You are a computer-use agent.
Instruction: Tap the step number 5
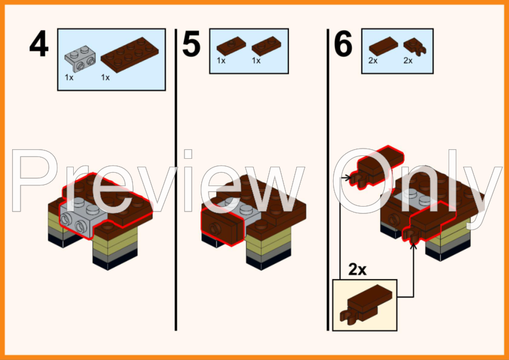tap(191, 44)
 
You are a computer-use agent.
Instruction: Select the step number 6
tap(343, 44)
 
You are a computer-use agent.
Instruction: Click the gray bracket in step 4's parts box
tap(80, 59)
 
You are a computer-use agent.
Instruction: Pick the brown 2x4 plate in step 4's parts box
tap(129, 54)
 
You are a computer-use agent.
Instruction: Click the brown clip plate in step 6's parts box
tap(414, 47)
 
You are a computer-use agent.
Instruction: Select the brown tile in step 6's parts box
tap(383, 46)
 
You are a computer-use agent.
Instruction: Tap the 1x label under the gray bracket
tap(69, 77)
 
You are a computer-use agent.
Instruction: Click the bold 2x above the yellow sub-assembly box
tap(357, 269)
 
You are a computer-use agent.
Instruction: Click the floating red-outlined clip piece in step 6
tap(377, 167)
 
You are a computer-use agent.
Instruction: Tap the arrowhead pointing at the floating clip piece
tap(348, 178)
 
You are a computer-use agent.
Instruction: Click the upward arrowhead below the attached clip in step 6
tap(413, 246)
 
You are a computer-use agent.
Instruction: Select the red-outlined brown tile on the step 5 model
tap(222, 225)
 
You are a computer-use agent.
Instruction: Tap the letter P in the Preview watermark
tap(34, 180)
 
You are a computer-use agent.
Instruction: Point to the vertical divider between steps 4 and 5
tap(176, 179)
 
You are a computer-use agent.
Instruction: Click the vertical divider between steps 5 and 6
tap(328, 179)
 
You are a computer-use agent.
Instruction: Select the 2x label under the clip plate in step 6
tap(407, 60)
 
